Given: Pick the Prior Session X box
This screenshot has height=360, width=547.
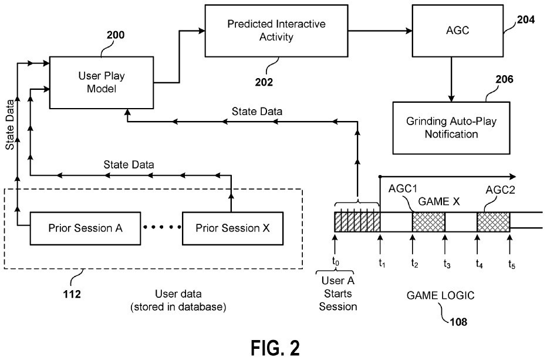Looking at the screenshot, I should click(x=232, y=227).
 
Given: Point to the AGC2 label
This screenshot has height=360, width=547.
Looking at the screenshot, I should click(x=500, y=190).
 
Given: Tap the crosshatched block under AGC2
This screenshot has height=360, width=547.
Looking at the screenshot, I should click(x=492, y=221).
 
